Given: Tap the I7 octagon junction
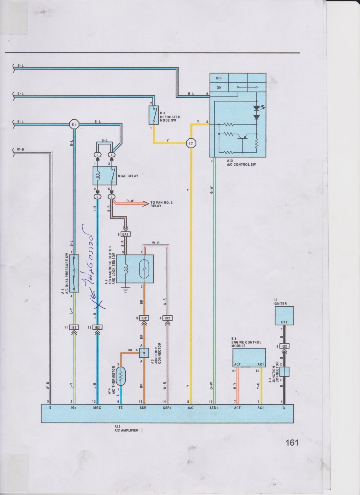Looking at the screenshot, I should click(x=191, y=143).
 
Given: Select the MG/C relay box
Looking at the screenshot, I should click(x=105, y=176).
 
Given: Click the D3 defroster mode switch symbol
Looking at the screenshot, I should click(x=153, y=115).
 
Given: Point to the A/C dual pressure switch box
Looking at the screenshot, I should click(x=74, y=273).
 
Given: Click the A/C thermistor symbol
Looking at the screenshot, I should click(x=122, y=376).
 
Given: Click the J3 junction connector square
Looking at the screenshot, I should click(x=144, y=353).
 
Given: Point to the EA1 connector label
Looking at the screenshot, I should click(x=125, y=234).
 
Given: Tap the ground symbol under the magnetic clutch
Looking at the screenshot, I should click(x=125, y=289).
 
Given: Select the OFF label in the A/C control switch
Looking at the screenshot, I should click(x=219, y=78).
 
